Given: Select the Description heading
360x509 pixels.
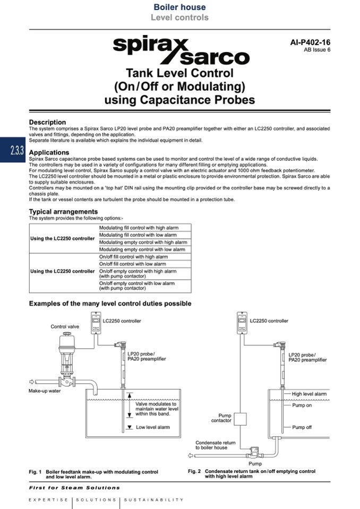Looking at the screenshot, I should (47, 122).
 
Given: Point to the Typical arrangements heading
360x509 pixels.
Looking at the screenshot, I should (63, 212).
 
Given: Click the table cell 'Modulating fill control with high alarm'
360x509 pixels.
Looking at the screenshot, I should (139, 228).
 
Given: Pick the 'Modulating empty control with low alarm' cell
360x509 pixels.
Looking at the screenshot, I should (142, 249).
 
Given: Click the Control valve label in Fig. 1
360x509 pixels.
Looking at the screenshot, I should (65, 327).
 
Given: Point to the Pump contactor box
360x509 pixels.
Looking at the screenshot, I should (241, 418).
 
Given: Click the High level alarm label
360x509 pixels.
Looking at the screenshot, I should (309, 394).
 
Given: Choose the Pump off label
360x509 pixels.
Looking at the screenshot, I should (302, 427).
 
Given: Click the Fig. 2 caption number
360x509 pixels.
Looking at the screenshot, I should (194, 471).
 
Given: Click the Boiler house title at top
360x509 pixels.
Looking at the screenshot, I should (179, 7).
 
